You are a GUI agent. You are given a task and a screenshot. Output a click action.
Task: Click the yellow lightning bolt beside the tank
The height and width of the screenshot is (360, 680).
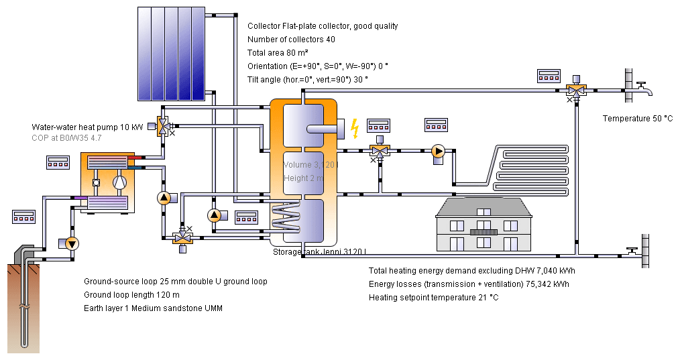[355, 127]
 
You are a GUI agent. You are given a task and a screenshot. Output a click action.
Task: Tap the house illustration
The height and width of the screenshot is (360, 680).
[483, 225]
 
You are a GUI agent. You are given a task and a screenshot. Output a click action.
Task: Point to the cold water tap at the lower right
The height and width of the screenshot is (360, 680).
[631, 252]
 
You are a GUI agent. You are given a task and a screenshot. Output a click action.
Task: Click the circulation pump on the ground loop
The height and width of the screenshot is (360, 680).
[72, 243]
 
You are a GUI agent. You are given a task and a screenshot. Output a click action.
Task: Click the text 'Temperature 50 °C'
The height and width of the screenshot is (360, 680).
[637, 119]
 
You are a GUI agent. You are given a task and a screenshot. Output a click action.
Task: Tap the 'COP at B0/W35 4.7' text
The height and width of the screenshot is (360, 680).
[66, 138]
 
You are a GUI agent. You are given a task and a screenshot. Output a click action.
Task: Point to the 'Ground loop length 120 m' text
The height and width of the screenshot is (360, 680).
[131, 295]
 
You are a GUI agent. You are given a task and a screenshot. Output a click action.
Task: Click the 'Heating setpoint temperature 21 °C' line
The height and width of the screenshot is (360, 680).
[434, 297]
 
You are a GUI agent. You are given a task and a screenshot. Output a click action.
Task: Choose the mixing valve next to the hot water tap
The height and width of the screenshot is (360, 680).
[575, 89]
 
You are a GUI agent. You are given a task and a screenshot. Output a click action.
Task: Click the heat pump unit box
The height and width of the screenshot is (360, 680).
[107, 182]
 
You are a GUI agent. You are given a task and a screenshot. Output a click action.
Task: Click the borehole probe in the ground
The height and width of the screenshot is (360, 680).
[24, 302]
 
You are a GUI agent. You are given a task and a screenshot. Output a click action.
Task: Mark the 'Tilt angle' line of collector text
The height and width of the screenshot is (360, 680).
[307, 79]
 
